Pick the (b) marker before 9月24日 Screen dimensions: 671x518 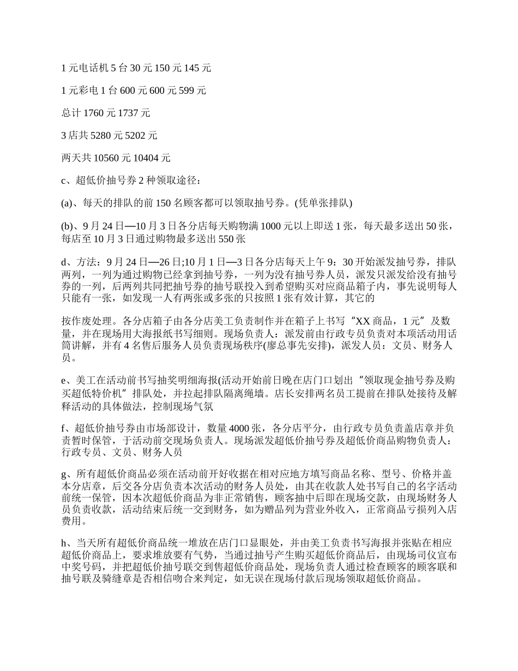tap(67, 226)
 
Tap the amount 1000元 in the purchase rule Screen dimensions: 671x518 tap(278, 226)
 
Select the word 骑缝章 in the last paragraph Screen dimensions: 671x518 tap(146, 580)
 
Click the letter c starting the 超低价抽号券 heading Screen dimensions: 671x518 tap(63, 181)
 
